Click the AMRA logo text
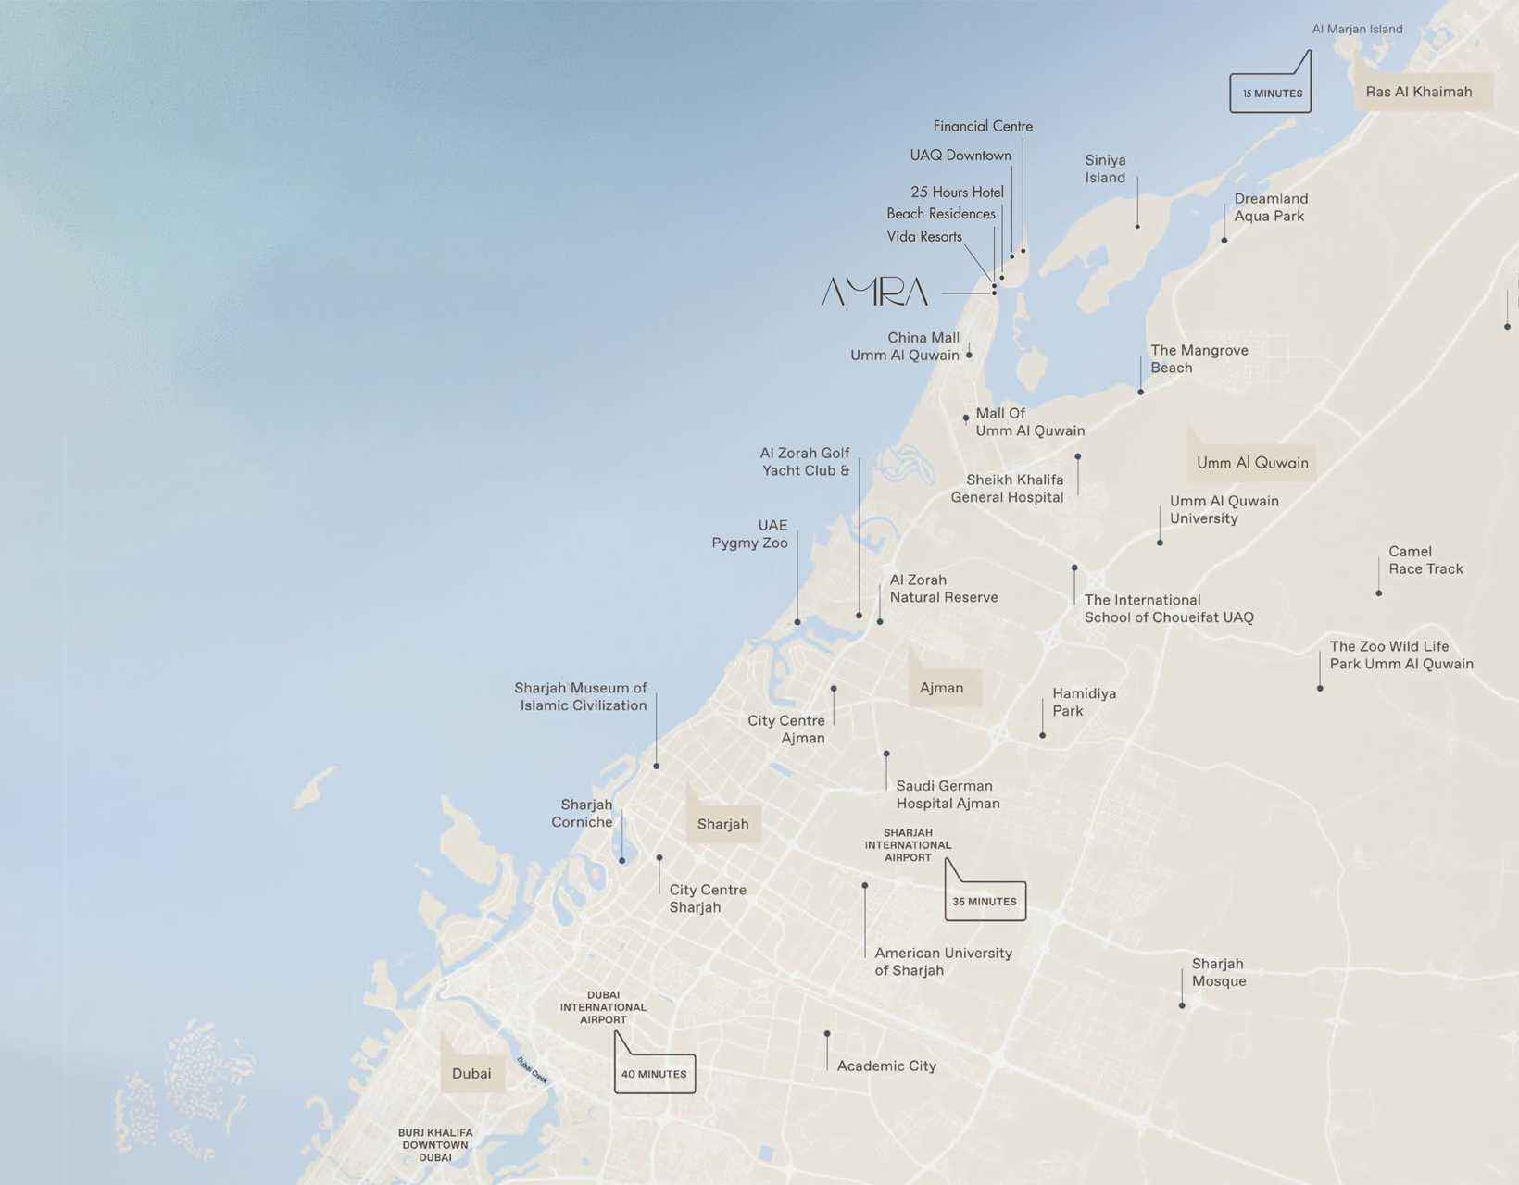pyautogui.click(x=874, y=292)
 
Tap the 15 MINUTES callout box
pyautogui.click(x=1271, y=94)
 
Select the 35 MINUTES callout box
pyautogui.click(x=985, y=901)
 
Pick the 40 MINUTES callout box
pyautogui.click(x=654, y=1074)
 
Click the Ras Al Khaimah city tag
pyautogui.click(x=1418, y=92)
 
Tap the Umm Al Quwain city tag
pyautogui.click(x=1252, y=463)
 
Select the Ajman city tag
pyautogui.click(x=942, y=688)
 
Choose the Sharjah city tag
pyautogui.click(x=722, y=824)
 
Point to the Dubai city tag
pyautogui.click(x=471, y=1074)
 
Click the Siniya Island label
pyautogui.click(x=1105, y=168)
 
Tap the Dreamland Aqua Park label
pyautogui.click(x=1270, y=207)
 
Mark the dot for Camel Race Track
pyautogui.click(x=1379, y=593)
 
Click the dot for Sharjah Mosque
pyautogui.click(x=1182, y=1005)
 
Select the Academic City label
pyautogui.click(x=886, y=1066)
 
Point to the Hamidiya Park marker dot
pyautogui.click(x=1043, y=736)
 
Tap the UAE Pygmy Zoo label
pyautogui.click(x=749, y=534)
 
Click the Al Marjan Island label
pyautogui.click(x=1357, y=29)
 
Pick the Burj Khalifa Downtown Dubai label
pyautogui.click(x=435, y=1145)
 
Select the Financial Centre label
pyautogui.click(x=983, y=126)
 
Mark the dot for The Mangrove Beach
pyautogui.click(x=1141, y=393)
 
